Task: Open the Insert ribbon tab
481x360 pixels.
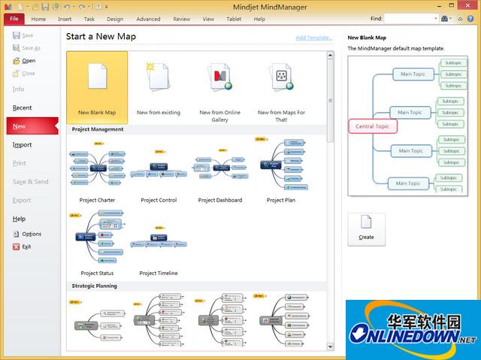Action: (x=65, y=19)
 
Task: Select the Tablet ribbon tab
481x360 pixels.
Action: (x=233, y=19)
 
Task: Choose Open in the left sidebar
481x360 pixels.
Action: (x=29, y=61)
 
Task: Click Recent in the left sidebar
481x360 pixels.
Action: (x=23, y=107)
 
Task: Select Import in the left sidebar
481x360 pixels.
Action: (x=23, y=144)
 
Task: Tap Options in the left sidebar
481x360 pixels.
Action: (x=32, y=234)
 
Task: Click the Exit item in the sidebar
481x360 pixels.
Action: (x=26, y=247)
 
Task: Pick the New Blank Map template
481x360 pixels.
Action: (x=97, y=87)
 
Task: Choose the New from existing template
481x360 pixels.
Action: (x=159, y=87)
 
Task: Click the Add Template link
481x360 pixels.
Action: (x=314, y=37)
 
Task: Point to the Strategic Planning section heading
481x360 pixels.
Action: (x=95, y=286)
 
